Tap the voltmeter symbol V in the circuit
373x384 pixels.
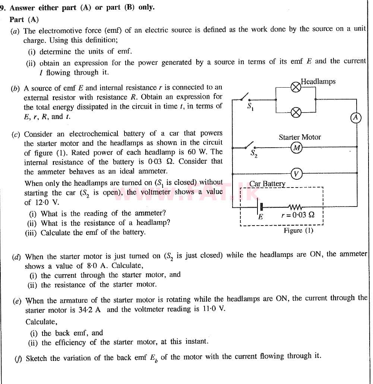tap(296, 174)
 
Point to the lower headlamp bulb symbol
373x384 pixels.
tap(295, 112)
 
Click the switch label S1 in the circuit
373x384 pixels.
tap(250, 107)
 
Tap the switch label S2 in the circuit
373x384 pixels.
tap(253, 153)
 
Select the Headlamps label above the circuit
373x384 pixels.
tap(318, 81)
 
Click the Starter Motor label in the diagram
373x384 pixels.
tap(300, 137)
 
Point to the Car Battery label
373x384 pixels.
tap(267, 184)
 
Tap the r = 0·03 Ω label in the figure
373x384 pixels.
tap(298, 215)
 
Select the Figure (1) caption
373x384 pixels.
tap(298, 230)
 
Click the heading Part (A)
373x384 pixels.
tap(24, 19)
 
